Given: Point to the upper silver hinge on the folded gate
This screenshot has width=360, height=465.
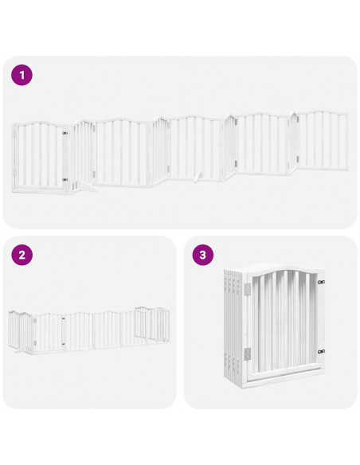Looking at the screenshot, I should (x=248, y=286).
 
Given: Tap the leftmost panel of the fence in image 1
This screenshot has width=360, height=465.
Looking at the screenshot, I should (x=40, y=155).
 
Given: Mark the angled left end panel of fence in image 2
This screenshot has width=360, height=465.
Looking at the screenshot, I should (x=19, y=331).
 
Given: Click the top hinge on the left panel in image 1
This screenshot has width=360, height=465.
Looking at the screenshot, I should (x=65, y=133).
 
